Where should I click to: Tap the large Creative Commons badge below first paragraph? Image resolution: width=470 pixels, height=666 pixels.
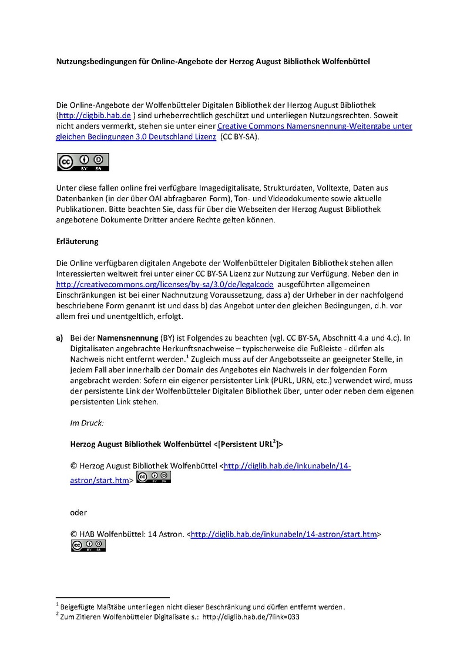pos(83,162)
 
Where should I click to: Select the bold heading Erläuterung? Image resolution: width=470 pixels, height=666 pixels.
pos(77,242)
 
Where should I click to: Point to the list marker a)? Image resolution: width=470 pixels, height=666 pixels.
pos(59,338)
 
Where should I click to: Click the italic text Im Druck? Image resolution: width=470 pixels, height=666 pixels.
pos(87,423)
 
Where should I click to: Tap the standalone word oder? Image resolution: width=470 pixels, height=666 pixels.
pos(78,512)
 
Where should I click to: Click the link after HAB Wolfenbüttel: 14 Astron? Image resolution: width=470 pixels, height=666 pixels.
pos(284,534)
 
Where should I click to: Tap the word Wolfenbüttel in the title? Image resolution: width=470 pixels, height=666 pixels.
pos(347,61)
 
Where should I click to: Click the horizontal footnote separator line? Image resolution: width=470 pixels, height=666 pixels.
pos(112,597)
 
